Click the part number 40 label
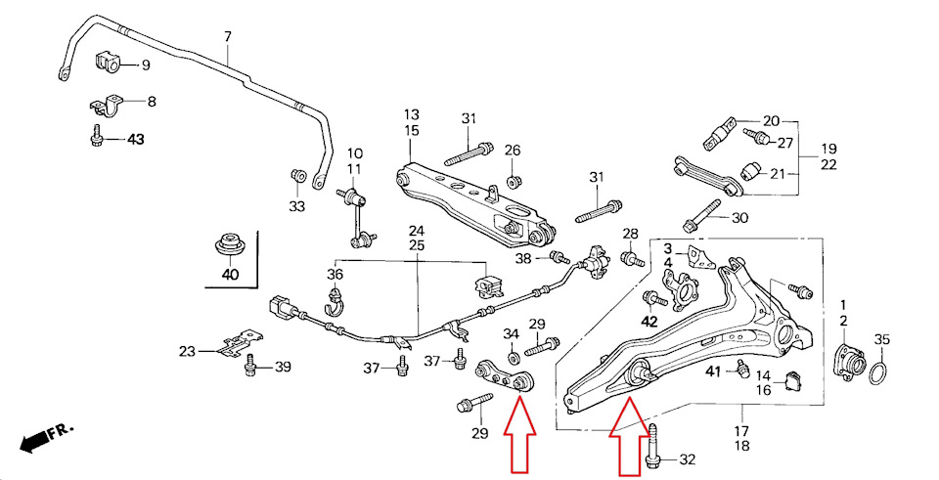pyautogui.click(x=230, y=275)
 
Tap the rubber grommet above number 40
pyautogui.click(x=228, y=244)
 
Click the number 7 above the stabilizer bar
pyautogui.click(x=228, y=36)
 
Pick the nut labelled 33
pyautogui.click(x=297, y=177)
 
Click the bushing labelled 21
pyautogui.click(x=750, y=171)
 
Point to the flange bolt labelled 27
pyautogui.click(x=756, y=136)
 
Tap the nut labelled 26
pyautogui.click(x=513, y=180)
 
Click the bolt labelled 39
pyautogui.click(x=251, y=365)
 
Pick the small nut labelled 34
pyautogui.click(x=514, y=358)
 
